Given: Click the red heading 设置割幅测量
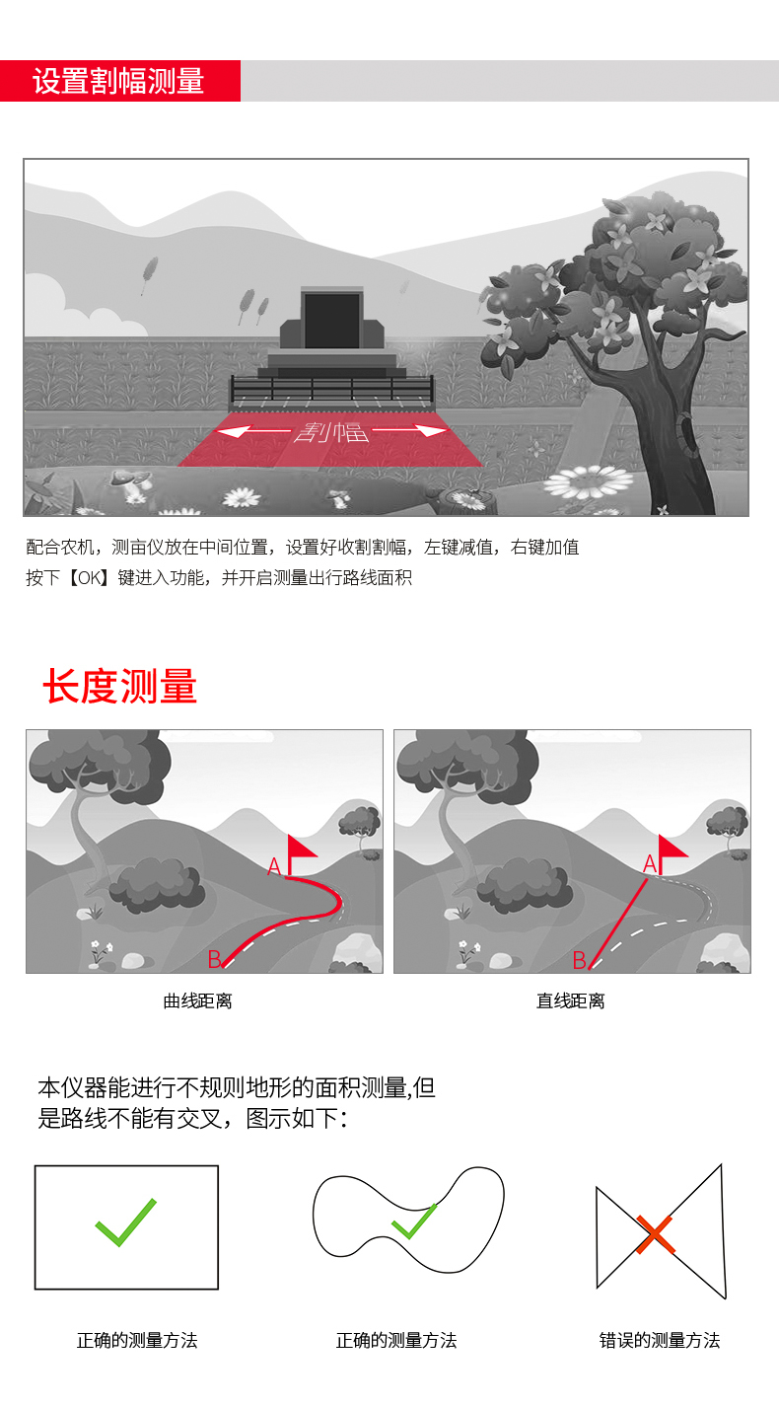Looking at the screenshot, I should [x=119, y=81].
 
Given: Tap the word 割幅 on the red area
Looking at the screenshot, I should [x=331, y=432].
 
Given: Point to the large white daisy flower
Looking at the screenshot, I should [x=589, y=482].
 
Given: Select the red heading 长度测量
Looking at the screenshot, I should [x=119, y=687].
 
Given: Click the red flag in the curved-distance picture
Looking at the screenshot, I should [x=301, y=848].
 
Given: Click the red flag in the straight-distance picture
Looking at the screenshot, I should [x=672, y=847].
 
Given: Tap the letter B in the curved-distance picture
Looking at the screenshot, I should [x=214, y=958].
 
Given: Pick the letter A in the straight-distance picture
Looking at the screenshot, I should [x=650, y=864].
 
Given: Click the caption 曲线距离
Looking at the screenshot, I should [x=197, y=1001].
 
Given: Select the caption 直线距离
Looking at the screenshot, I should [x=570, y=1001].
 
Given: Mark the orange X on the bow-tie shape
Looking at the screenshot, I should [x=656, y=1233].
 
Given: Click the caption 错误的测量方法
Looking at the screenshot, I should [x=660, y=1340].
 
